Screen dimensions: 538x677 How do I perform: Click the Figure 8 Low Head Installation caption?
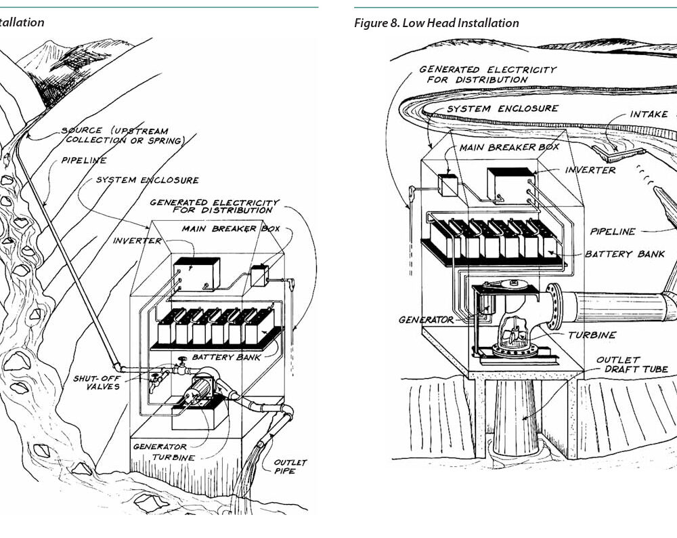pyautogui.click(x=437, y=23)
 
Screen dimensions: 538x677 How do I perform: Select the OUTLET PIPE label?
pyautogui.click(x=290, y=466)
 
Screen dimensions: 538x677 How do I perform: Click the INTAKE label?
pyautogui.click(x=649, y=114)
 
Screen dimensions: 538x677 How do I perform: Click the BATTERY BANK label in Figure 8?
pyautogui.click(x=624, y=254)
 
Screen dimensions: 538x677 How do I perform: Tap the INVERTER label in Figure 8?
pyautogui.click(x=590, y=170)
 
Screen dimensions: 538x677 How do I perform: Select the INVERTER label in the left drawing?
pyautogui.click(x=137, y=241)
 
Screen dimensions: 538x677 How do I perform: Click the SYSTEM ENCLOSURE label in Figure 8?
pyautogui.click(x=502, y=108)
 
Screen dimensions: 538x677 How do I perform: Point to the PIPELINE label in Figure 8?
pyautogui.click(x=612, y=231)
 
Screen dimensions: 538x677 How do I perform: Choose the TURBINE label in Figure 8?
pyautogui.click(x=592, y=335)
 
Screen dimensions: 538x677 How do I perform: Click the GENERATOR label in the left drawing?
pyautogui.click(x=159, y=447)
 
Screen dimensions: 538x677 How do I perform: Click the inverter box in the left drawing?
pyautogui.click(x=196, y=273)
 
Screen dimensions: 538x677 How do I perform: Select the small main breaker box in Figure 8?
pyautogui.click(x=447, y=184)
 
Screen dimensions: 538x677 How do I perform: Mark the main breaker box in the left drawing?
pyautogui.click(x=259, y=276)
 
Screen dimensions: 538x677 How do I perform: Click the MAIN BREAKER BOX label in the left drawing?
pyautogui.click(x=230, y=228)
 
